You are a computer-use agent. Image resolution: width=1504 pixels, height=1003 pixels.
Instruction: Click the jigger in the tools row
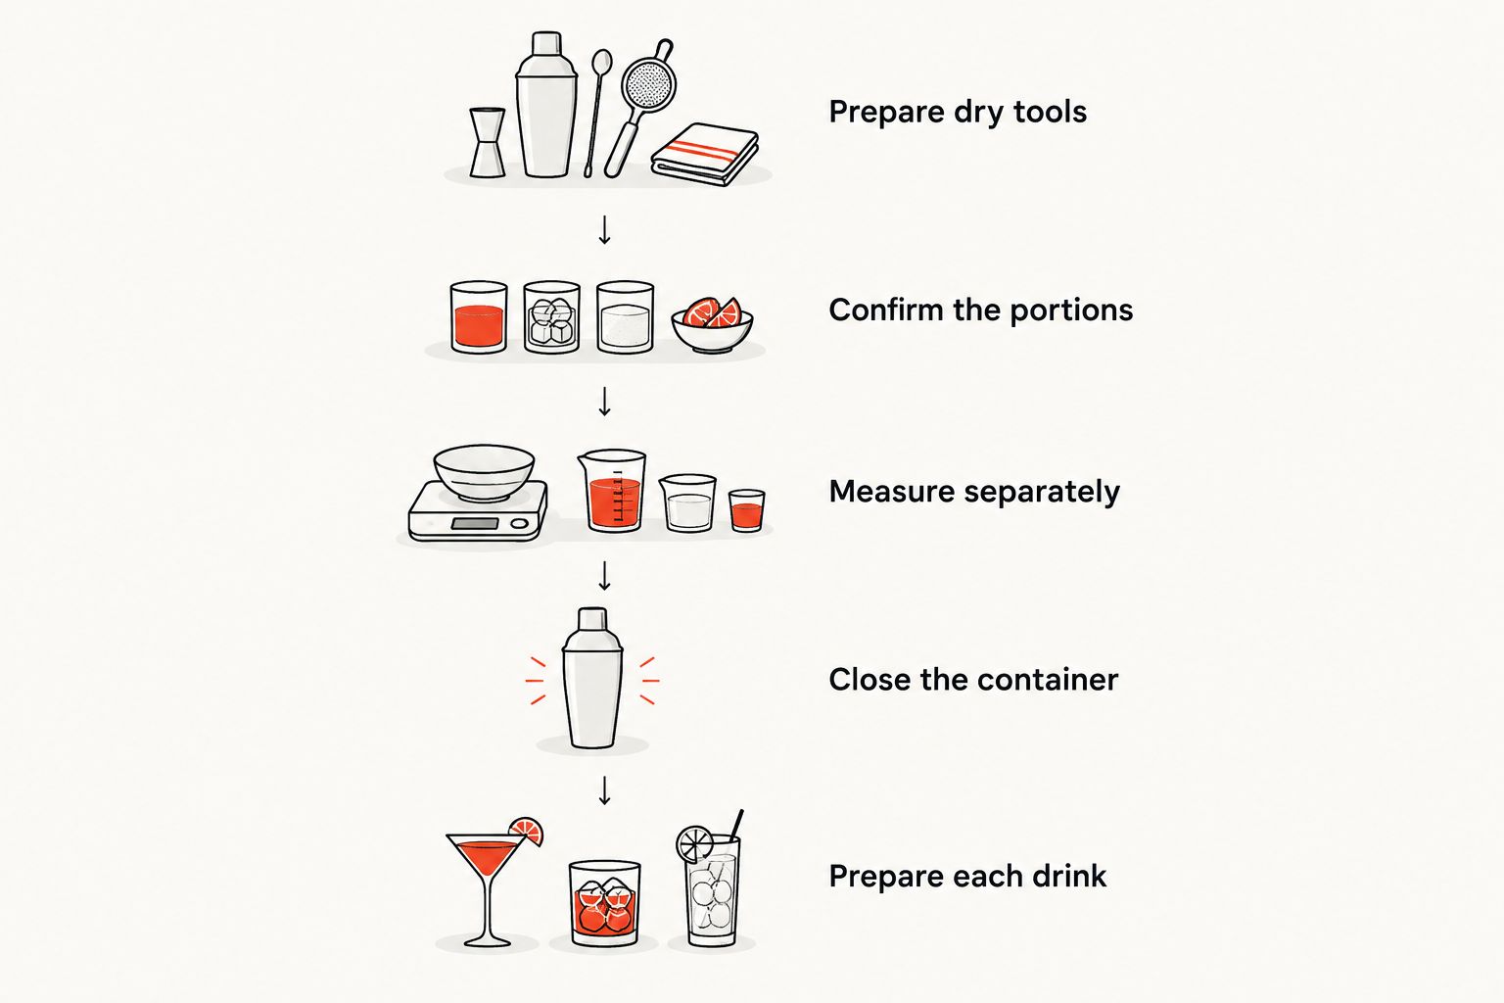(487, 142)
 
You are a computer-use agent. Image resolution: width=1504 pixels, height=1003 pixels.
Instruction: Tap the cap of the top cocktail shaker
(545, 44)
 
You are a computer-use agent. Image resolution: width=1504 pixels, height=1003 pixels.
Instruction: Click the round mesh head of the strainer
(648, 85)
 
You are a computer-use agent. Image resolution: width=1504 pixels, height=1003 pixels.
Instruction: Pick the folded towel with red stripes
(704, 154)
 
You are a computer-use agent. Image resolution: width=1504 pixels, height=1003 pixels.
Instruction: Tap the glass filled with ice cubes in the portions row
(551, 316)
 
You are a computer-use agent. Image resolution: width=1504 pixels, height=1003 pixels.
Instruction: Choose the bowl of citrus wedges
(713, 325)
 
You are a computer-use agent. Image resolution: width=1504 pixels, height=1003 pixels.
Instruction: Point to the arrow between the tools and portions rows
(604, 230)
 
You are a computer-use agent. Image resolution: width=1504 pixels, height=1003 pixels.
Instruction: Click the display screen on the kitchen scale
(474, 523)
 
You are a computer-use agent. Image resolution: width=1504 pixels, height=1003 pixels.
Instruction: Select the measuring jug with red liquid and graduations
(612, 491)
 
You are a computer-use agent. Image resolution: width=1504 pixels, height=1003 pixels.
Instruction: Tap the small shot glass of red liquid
(747, 510)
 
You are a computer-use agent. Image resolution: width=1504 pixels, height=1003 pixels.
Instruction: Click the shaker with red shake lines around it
(592, 678)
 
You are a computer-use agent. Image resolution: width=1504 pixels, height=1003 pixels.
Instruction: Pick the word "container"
(1048, 680)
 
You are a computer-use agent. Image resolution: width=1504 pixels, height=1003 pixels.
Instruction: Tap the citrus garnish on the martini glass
(527, 831)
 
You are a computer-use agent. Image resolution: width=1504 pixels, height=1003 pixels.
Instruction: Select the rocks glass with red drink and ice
(604, 903)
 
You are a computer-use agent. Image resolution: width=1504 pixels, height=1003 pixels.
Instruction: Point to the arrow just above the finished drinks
(604, 790)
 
